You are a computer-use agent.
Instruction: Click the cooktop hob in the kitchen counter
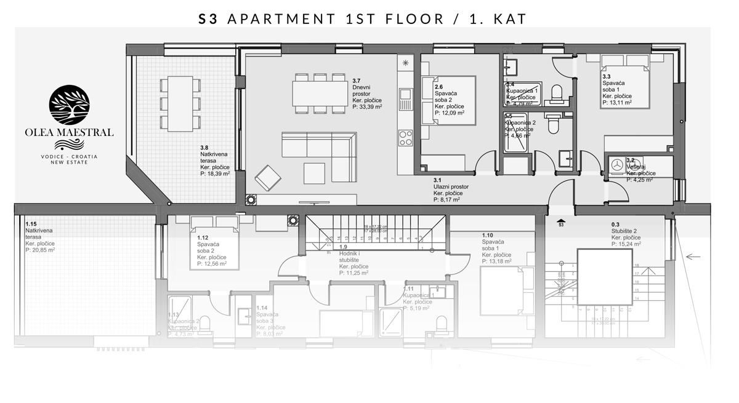pyautogui.click(x=405, y=137)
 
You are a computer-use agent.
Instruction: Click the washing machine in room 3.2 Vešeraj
pyautogui.click(x=617, y=165)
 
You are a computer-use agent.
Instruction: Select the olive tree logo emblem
pyautogui.click(x=68, y=106)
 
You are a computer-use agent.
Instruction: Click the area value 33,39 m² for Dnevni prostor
pyautogui.click(x=368, y=106)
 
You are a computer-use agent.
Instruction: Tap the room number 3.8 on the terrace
pyautogui.click(x=204, y=147)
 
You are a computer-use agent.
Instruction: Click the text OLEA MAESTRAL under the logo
pyautogui.click(x=69, y=132)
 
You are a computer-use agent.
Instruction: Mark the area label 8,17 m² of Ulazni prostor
pyautogui.click(x=448, y=199)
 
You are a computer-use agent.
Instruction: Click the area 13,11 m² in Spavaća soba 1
pyautogui.click(x=617, y=103)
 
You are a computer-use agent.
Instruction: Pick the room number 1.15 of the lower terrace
pyautogui.click(x=31, y=224)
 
